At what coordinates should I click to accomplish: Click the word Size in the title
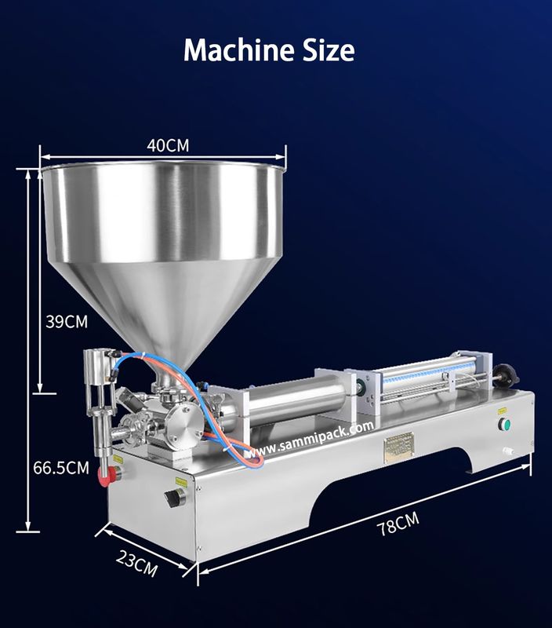click(x=323, y=50)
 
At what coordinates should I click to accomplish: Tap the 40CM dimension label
click(x=168, y=144)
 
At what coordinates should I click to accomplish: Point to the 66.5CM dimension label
click(x=60, y=469)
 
